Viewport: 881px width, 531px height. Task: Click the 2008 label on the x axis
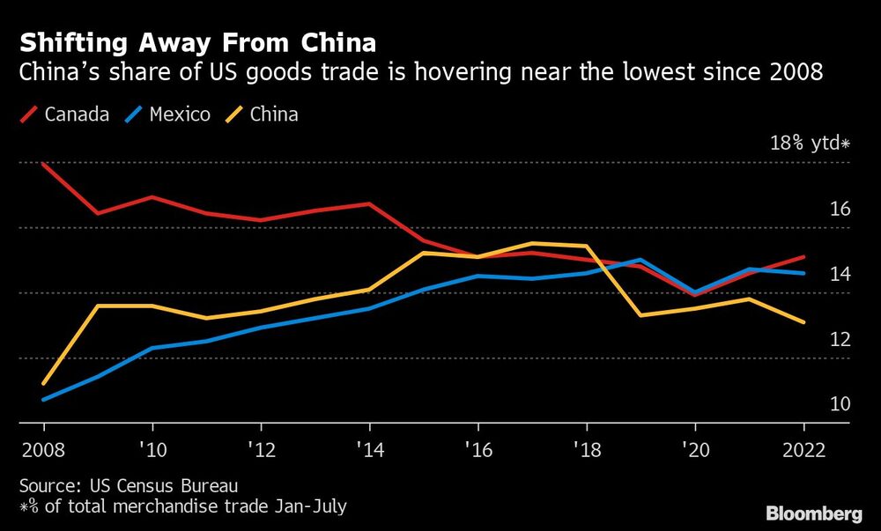[42, 449]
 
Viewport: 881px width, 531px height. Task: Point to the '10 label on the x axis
[151, 449]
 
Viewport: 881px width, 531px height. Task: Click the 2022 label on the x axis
[803, 449]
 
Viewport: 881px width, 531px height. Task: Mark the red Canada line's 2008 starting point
[42, 164]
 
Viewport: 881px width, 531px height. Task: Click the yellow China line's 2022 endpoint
[803, 322]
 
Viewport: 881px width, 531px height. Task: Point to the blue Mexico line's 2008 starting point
[42, 399]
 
